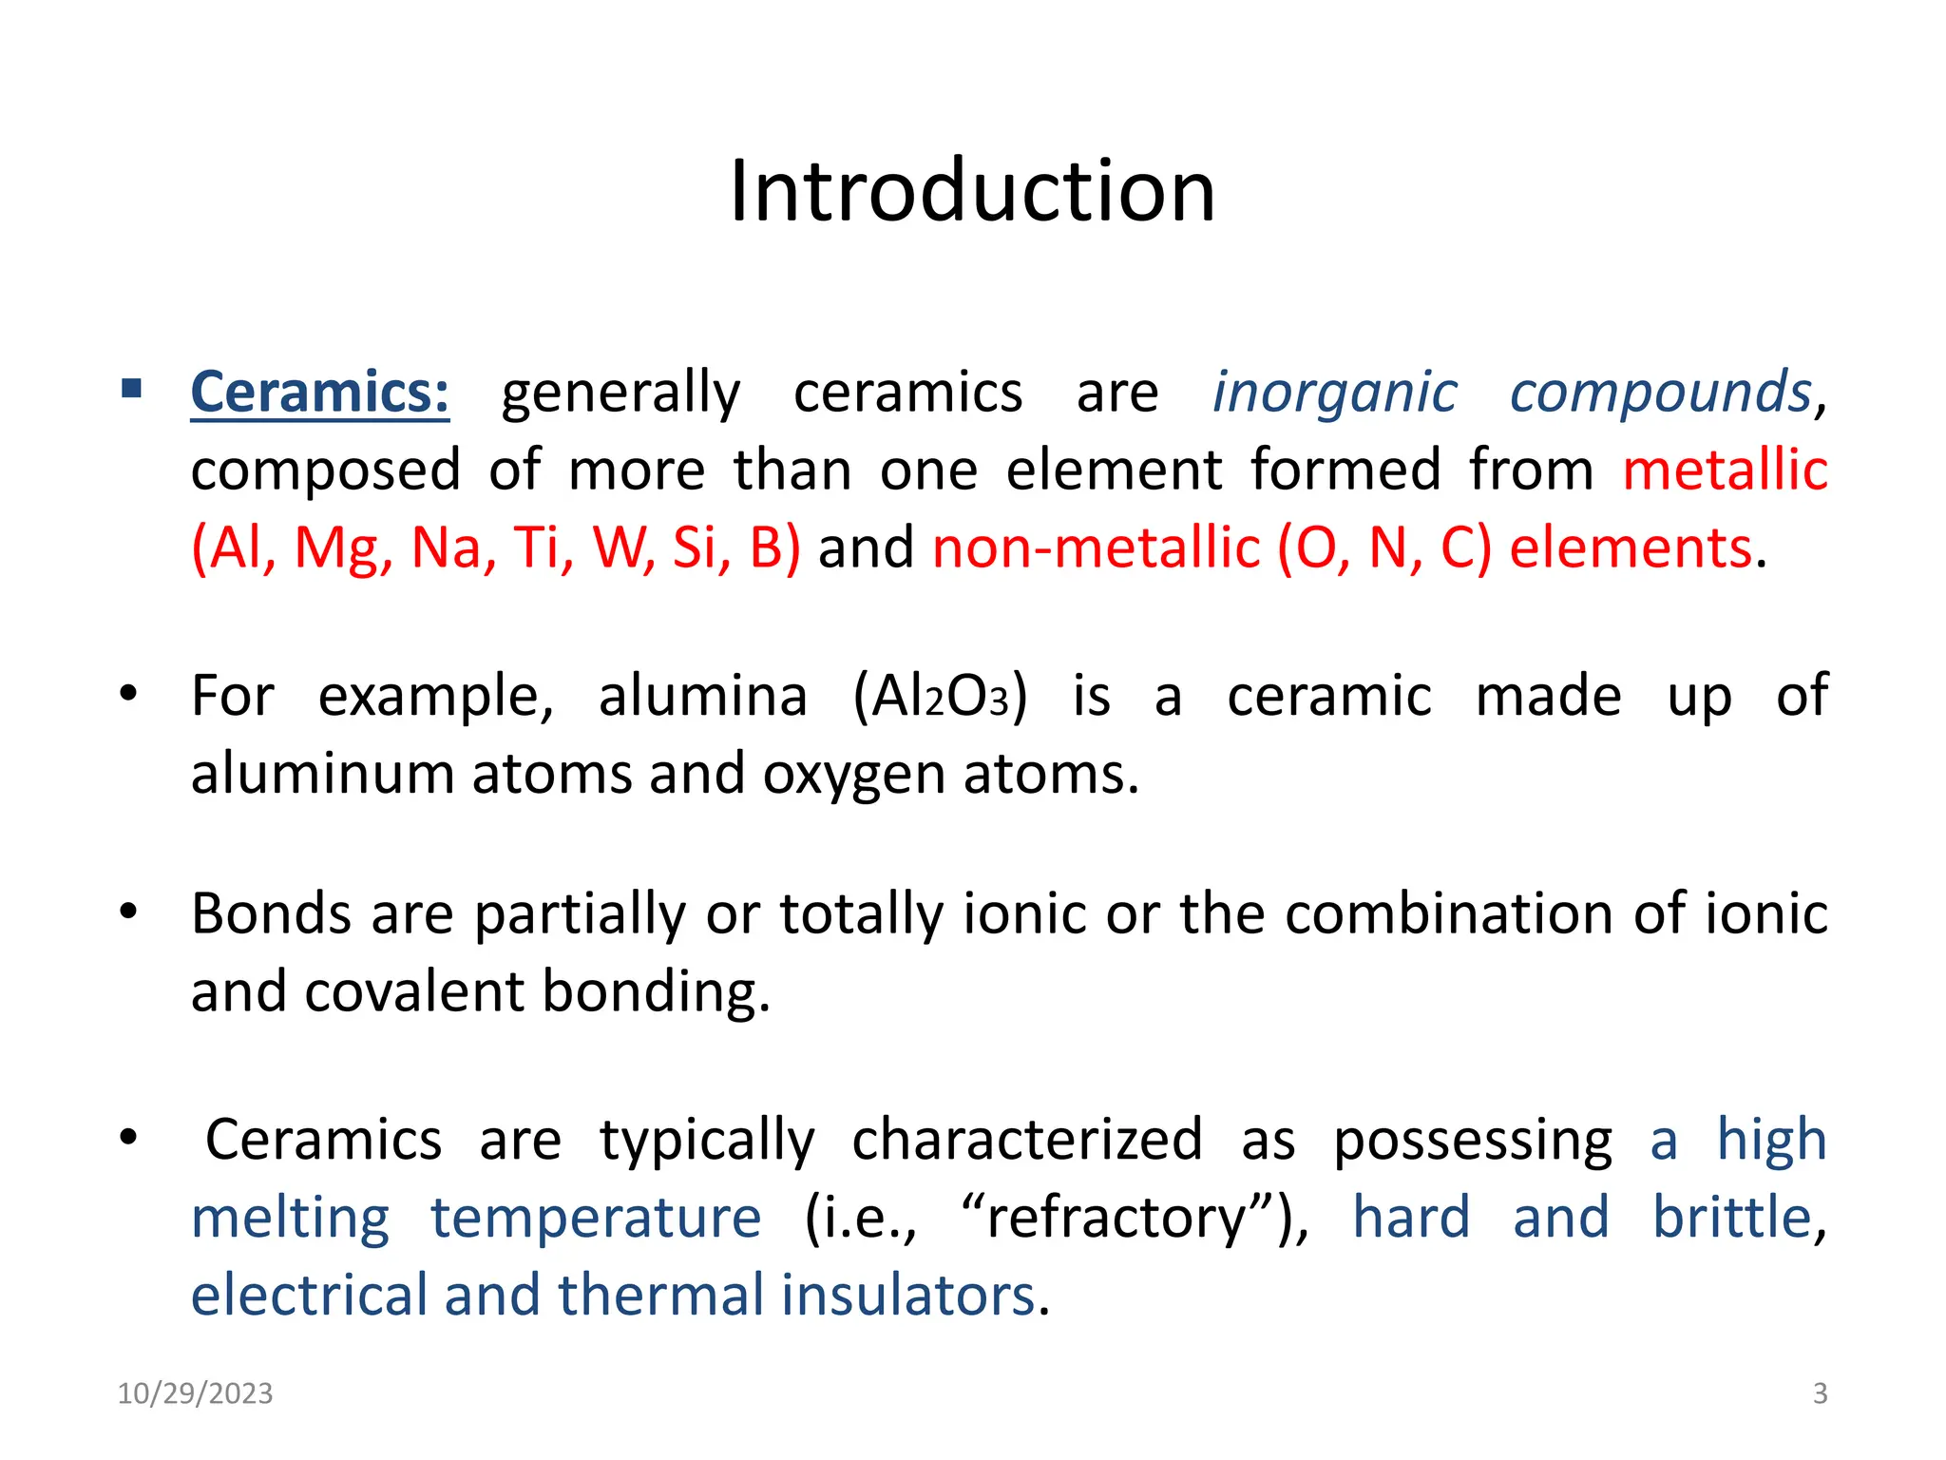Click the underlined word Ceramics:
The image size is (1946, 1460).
click(320, 392)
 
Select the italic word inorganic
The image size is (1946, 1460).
click(1334, 392)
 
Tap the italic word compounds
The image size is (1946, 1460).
click(1660, 392)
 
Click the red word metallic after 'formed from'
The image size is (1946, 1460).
click(1725, 470)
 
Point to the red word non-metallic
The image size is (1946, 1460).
click(1096, 547)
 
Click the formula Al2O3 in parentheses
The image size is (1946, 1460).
click(940, 696)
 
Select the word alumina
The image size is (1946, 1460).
click(702, 696)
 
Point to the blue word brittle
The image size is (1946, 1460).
click(1731, 1218)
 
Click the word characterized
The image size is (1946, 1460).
click(1026, 1140)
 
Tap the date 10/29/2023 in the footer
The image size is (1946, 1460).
click(195, 1393)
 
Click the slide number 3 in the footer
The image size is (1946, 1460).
click(1820, 1393)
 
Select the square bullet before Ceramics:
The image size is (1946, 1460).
click(131, 389)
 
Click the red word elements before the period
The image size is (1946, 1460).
click(1630, 547)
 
